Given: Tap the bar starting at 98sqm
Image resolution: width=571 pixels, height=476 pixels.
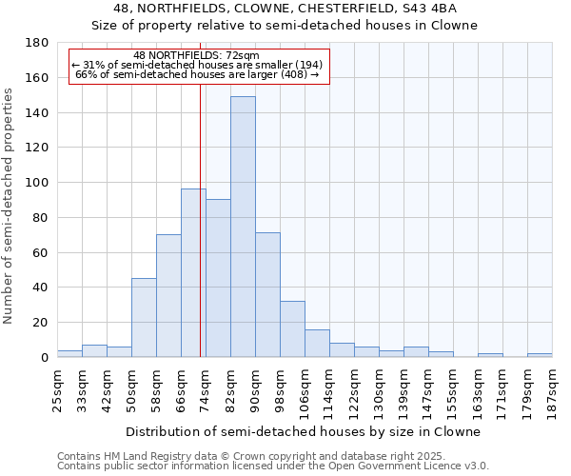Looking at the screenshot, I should [292, 328].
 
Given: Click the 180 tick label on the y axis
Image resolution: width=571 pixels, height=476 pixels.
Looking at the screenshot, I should [38, 43].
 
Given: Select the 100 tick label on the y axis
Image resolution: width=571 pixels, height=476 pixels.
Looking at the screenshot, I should [38, 183].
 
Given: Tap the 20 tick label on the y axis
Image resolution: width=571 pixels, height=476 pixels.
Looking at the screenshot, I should [42, 323].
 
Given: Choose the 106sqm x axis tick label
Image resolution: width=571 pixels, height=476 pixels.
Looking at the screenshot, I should [305, 390].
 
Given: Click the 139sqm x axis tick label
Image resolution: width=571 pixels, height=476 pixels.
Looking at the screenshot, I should [404, 390].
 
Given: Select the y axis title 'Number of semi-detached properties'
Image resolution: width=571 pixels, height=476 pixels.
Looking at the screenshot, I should [10, 206].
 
